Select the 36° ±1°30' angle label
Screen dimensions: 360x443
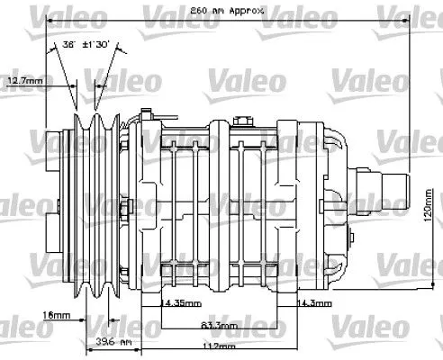pos(86,43)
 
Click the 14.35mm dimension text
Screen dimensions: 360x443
pos(181,303)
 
